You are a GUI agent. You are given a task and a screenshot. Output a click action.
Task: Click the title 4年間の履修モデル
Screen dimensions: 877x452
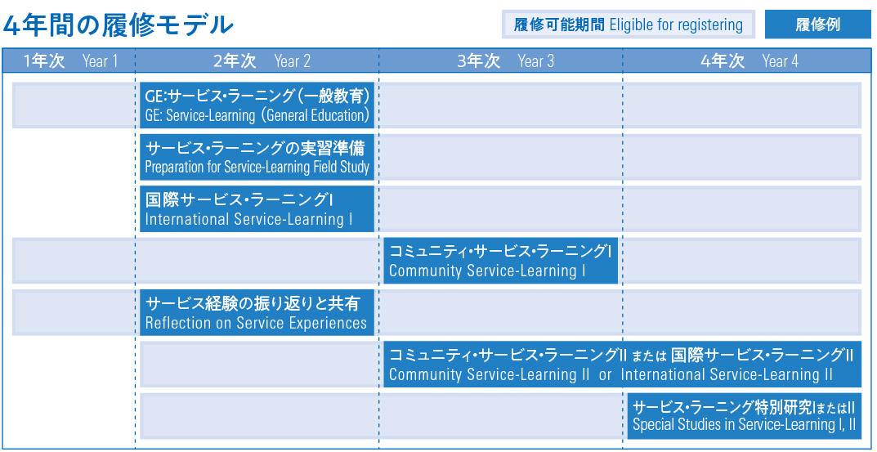coord(118,24)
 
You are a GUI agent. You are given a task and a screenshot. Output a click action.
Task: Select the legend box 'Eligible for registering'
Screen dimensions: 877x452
coord(628,25)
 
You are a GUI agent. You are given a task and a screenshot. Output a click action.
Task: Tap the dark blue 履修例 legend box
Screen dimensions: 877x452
coord(817,25)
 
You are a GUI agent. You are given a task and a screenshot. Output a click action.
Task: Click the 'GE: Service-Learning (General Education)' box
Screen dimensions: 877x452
coord(257,105)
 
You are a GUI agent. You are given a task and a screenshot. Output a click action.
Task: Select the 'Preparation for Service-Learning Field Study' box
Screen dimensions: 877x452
coord(257,157)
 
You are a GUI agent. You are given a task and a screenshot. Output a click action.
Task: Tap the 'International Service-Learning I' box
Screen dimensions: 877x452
coord(257,208)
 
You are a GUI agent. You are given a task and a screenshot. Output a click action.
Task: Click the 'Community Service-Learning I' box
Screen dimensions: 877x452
coord(500,261)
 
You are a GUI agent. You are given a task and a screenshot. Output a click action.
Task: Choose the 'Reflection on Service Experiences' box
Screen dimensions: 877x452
coord(257,312)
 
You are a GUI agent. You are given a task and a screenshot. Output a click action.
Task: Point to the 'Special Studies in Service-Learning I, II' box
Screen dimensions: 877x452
coord(745,416)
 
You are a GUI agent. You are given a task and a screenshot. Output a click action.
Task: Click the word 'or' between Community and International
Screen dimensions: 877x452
coord(605,375)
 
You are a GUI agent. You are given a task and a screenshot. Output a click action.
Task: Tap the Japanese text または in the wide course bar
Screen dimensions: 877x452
coord(649,356)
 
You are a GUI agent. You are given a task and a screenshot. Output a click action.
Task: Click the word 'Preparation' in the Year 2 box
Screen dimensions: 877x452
coord(169,168)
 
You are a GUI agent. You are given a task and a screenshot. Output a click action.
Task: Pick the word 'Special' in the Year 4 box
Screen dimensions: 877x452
coord(649,425)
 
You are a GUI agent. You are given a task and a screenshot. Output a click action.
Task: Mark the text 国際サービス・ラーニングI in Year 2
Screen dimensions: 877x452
coord(240,199)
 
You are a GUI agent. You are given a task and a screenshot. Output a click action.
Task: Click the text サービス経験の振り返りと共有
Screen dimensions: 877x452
coord(253,304)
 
